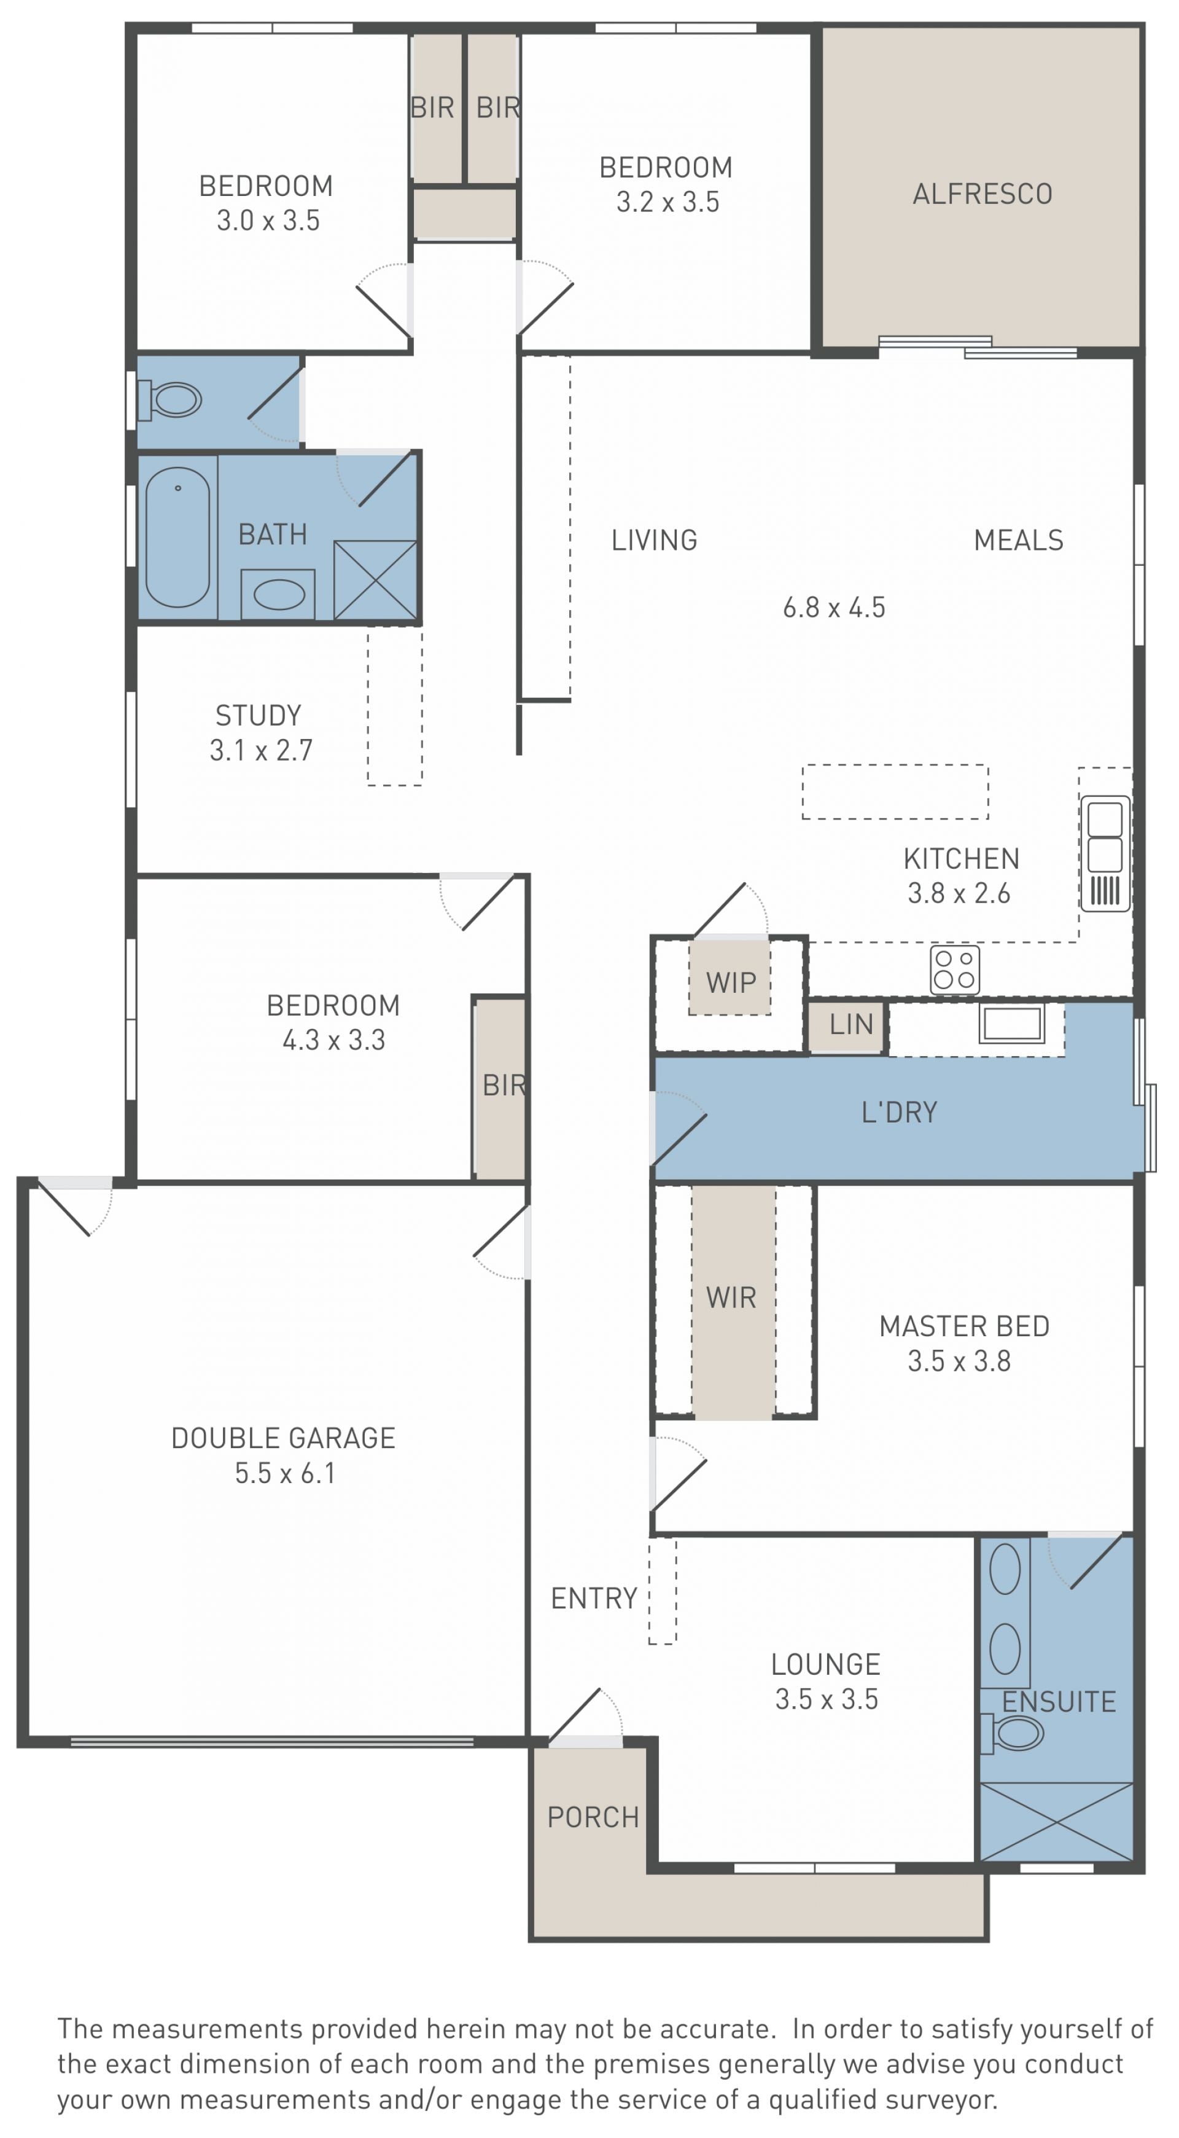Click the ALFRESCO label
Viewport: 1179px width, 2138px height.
pyautogui.click(x=982, y=194)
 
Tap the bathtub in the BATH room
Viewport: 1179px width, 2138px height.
pyautogui.click(x=177, y=537)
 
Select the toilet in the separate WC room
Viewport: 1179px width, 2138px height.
pyautogui.click(x=171, y=400)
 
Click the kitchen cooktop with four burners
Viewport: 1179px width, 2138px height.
pyautogui.click(x=955, y=969)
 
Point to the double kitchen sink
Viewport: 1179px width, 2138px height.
pyautogui.click(x=1105, y=853)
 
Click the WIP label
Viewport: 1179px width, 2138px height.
pyautogui.click(x=731, y=983)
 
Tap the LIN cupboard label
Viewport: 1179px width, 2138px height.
pyautogui.click(x=851, y=1024)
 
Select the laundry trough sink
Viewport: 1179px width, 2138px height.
pyautogui.click(x=1011, y=1024)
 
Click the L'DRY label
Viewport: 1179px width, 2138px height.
pyautogui.click(x=900, y=1112)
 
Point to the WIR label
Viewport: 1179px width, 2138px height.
pyautogui.click(x=731, y=1298)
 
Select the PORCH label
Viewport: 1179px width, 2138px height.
pyautogui.click(x=593, y=1818)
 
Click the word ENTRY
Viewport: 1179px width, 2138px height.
pyautogui.click(x=594, y=1599)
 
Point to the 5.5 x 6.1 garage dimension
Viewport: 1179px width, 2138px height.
pyautogui.click(x=284, y=1473)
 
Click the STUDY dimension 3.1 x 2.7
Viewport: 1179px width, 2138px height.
pyautogui.click(x=260, y=750)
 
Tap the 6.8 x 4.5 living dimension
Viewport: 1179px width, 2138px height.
pyautogui.click(x=834, y=608)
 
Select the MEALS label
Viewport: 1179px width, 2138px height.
pyautogui.click(x=1019, y=540)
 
